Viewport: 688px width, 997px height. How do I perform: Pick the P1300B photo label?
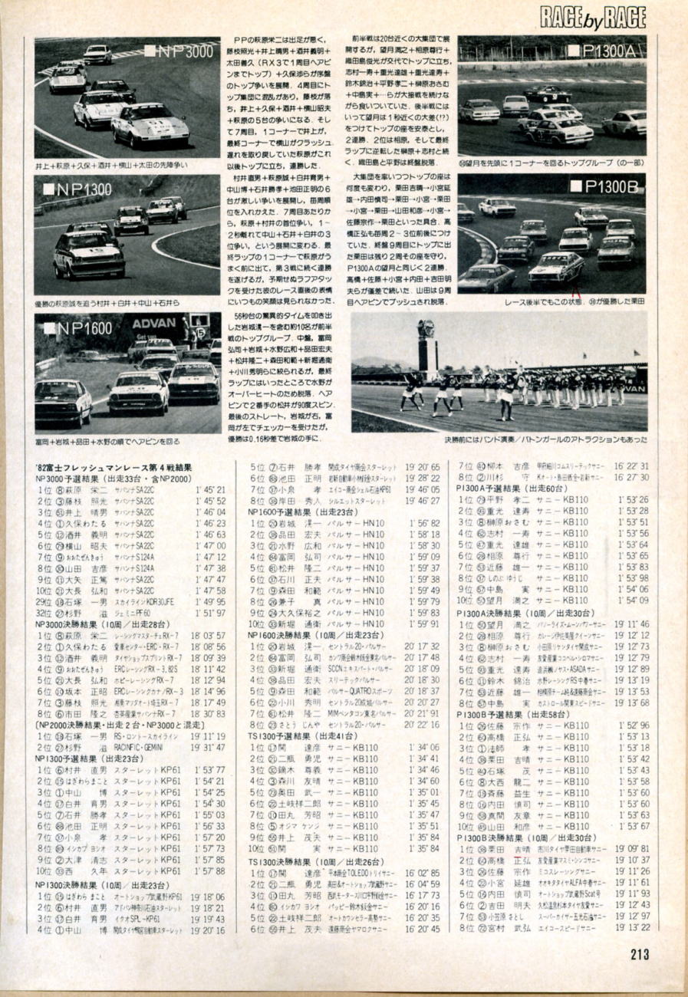[x=606, y=186]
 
